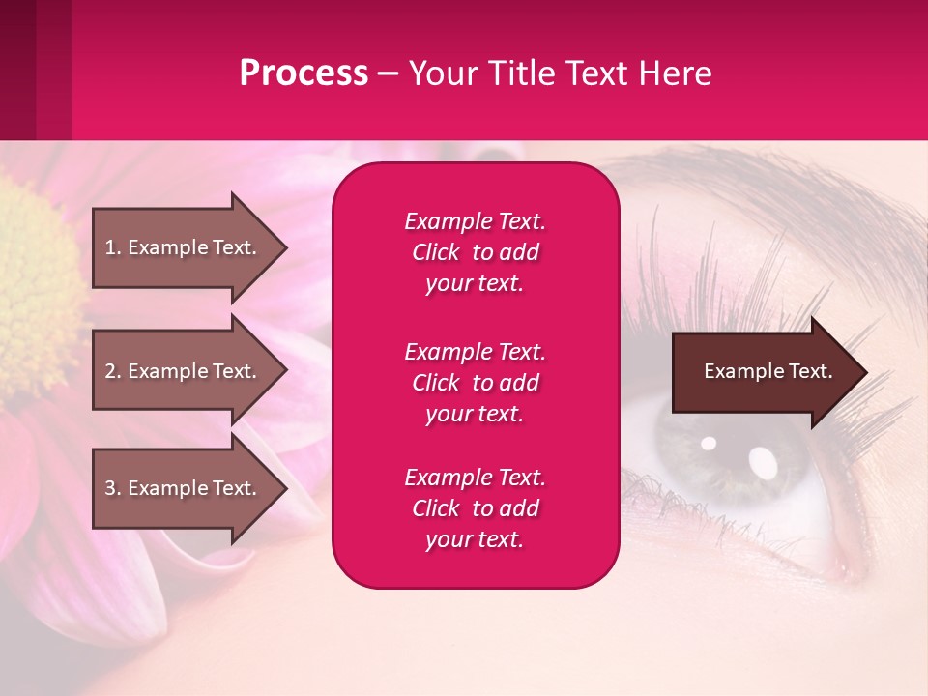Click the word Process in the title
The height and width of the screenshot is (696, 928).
pos(304,73)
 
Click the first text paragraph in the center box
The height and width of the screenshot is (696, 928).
pos(475,252)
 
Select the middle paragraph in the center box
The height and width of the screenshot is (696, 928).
pos(475,383)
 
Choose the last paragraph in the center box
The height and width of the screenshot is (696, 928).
pos(475,508)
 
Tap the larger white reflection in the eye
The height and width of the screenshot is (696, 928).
pos(764,463)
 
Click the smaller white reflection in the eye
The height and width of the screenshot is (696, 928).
pos(709,444)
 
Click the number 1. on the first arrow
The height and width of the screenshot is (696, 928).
pos(113,247)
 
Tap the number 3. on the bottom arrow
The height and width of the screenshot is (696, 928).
pos(113,488)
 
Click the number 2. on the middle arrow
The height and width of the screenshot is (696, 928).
pos(113,371)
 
